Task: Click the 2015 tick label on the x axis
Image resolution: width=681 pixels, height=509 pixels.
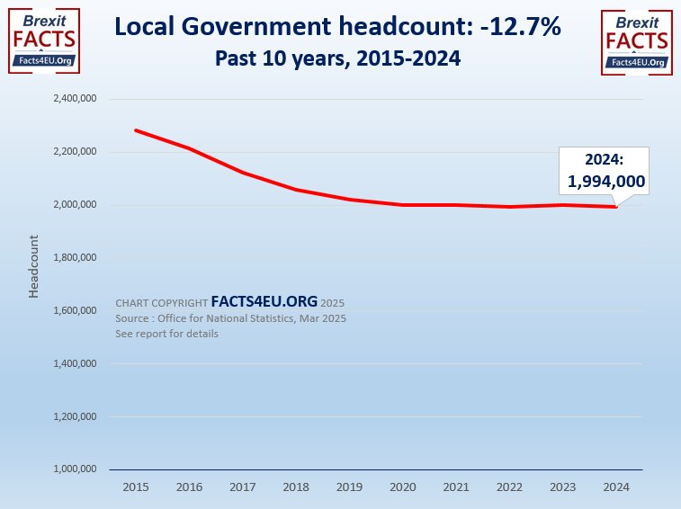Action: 135,486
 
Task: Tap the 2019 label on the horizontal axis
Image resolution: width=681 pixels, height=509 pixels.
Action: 349,486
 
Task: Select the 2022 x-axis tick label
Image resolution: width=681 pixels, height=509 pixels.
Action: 509,486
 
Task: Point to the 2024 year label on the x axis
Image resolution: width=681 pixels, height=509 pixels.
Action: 616,486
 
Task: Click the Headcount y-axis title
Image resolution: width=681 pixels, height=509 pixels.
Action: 33,266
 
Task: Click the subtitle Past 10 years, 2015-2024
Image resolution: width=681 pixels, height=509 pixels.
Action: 339,58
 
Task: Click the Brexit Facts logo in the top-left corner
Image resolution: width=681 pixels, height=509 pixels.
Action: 44,40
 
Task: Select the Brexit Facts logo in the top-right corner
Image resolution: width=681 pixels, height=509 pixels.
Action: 636,40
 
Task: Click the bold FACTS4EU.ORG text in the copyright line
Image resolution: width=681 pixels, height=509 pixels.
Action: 264,302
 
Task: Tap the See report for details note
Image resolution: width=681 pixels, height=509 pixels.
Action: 166,334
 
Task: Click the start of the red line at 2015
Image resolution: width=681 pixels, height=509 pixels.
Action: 135,130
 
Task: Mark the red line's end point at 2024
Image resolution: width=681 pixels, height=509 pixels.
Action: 616,207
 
